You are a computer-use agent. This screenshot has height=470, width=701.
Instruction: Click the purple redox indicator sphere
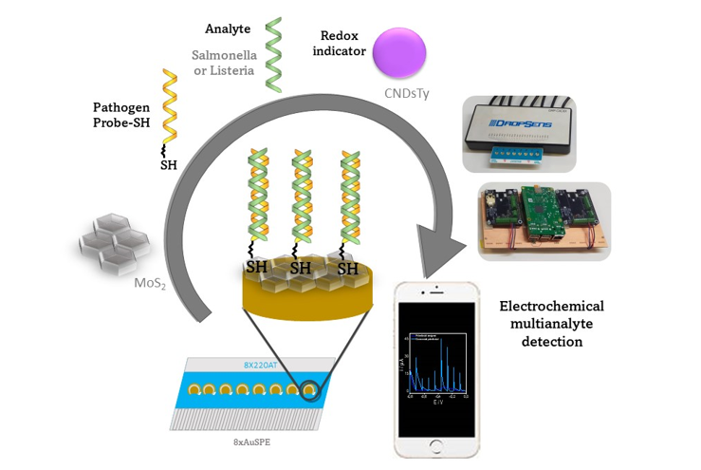404,52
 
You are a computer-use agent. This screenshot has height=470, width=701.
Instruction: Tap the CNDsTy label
406,93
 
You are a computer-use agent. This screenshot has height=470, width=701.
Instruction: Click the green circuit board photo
544,221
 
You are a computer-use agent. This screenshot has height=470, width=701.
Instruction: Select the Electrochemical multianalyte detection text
551,323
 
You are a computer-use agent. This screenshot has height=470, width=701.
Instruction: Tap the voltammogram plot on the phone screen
435,361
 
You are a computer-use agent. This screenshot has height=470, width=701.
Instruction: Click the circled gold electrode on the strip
309,390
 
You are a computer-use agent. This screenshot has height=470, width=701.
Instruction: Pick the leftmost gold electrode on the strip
194,389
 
